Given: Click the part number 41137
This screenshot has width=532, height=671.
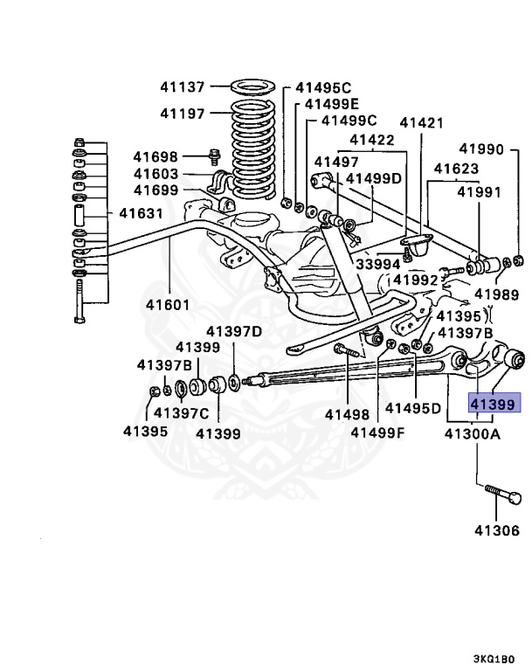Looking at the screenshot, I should [182, 87].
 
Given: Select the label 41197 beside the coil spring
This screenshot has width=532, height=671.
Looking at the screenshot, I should [182, 114].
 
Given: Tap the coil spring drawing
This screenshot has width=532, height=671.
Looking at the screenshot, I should [253, 144].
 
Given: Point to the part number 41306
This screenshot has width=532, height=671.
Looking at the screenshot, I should [496, 530].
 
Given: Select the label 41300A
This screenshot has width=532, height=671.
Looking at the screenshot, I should [473, 432].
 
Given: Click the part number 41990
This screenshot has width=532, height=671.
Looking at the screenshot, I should [482, 149].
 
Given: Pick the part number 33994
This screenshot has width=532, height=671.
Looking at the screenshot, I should [377, 263].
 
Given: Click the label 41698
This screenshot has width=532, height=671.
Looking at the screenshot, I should [155, 157].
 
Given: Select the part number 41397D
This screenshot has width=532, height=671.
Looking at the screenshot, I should [234, 331].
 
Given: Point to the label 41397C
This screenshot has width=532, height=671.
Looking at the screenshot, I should [181, 412].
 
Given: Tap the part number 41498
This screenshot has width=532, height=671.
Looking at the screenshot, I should [348, 415].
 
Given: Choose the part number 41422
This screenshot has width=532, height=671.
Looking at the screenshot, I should [373, 139].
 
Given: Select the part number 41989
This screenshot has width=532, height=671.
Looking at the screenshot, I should [496, 295].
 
